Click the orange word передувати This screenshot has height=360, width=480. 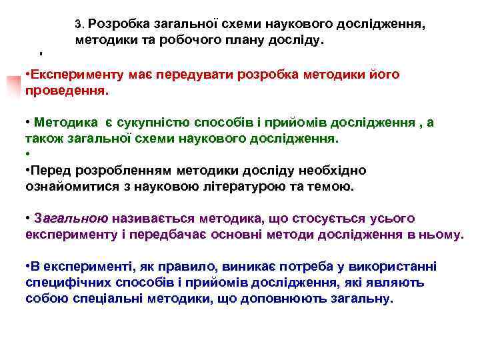point(187,74)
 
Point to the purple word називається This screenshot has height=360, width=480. point(149,219)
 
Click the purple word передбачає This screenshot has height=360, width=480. point(189,234)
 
